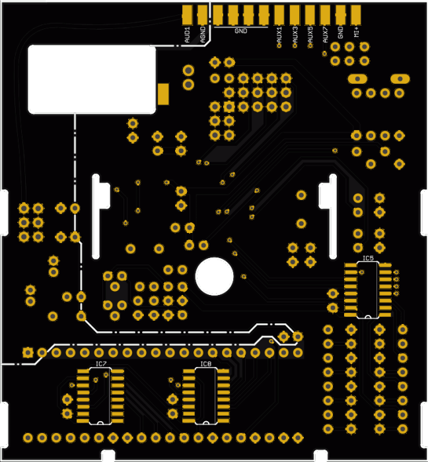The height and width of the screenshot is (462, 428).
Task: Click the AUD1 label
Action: [x=188, y=34]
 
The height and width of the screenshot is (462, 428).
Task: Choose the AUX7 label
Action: [x=325, y=34]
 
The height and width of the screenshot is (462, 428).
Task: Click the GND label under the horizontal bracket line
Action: [x=240, y=31]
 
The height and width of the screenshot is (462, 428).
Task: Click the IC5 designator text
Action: [x=368, y=257]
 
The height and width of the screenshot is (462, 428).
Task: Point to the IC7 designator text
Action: [x=100, y=364]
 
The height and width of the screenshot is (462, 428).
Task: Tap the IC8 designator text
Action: [x=205, y=364]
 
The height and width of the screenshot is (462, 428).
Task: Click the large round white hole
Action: [x=215, y=276]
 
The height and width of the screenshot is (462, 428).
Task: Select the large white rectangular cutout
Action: [x=92, y=79]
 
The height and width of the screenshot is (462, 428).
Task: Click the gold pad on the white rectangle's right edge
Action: [x=163, y=93]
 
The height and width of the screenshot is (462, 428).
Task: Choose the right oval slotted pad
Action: [x=398, y=79]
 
